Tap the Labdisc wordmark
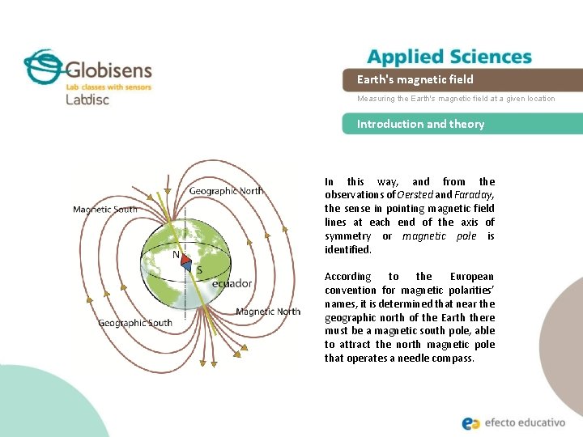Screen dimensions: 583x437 pyautogui.click(x=87, y=100)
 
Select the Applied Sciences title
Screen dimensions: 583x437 pyautogui.click(x=449, y=57)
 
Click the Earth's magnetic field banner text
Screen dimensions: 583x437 pyautogui.click(x=415, y=79)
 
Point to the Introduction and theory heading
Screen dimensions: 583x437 pyautogui.click(x=420, y=124)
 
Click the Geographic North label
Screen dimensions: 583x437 pyautogui.click(x=226, y=191)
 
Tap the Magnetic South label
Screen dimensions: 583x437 pyautogui.click(x=105, y=210)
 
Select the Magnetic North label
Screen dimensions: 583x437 pyautogui.click(x=268, y=312)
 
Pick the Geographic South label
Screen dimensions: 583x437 pyautogui.click(x=135, y=323)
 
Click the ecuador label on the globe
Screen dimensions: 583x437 pyautogui.click(x=232, y=284)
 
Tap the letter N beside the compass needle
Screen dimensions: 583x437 pyautogui.click(x=176, y=254)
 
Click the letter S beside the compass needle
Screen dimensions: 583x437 pyautogui.click(x=199, y=269)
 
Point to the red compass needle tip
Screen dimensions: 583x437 pyautogui.click(x=186, y=260)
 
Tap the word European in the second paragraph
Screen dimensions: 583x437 pyautogui.click(x=471, y=277)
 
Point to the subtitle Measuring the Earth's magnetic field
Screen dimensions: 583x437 pyautogui.click(x=456, y=99)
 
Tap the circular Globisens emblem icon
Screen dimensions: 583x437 pyautogui.click(x=43, y=66)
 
